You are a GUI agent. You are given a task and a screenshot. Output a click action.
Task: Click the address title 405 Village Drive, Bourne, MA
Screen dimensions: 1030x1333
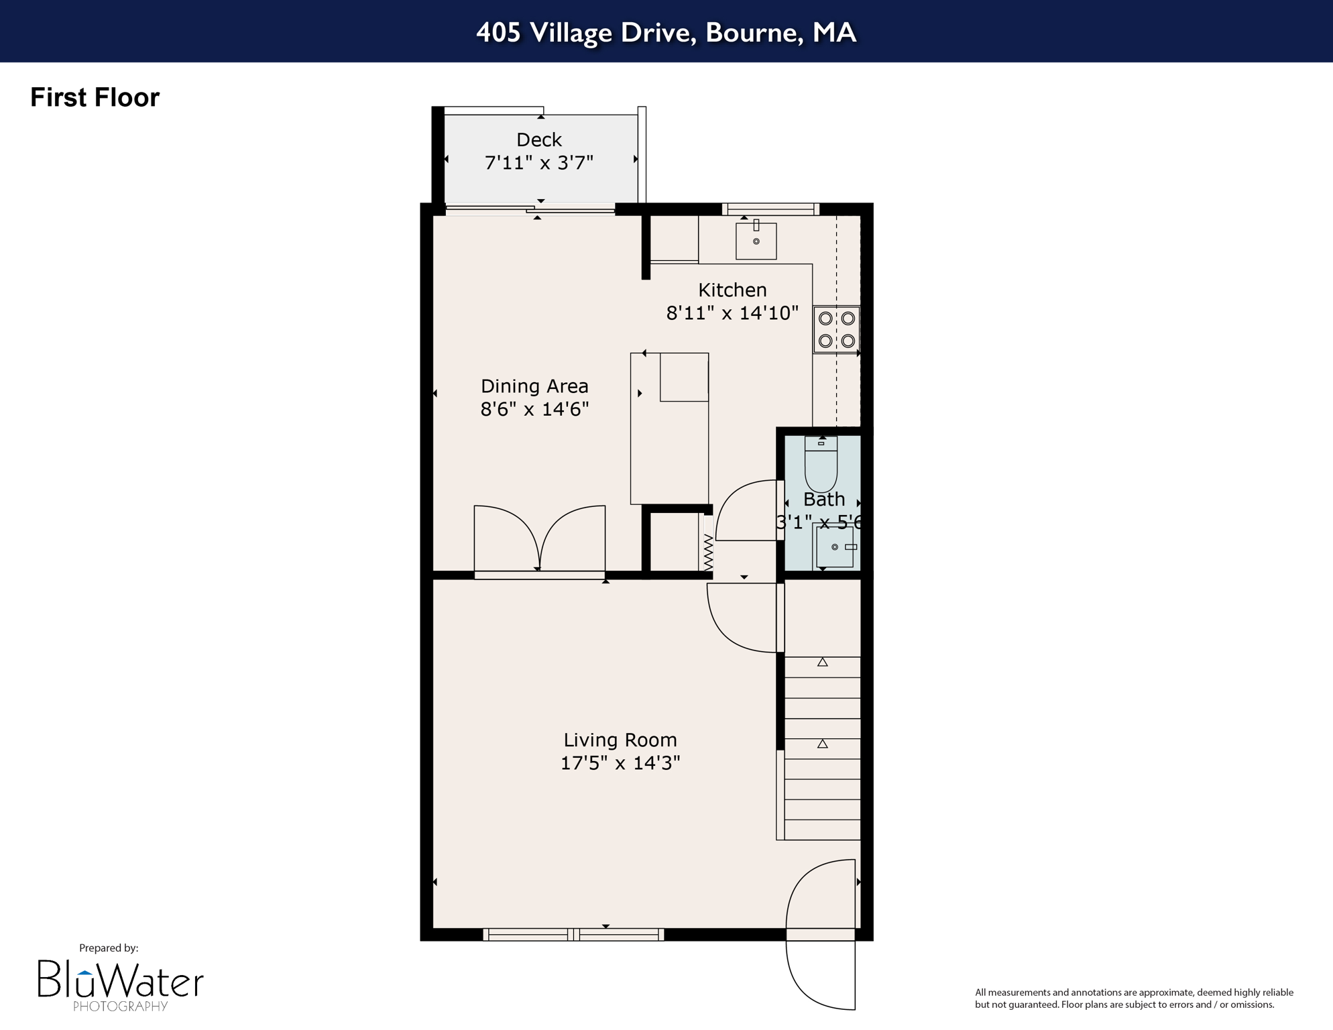(x=666, y=32)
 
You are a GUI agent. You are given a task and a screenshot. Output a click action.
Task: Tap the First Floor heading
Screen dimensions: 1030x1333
(x=95, y=97)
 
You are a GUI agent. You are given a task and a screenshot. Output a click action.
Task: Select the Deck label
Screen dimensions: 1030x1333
(x=538, y=139)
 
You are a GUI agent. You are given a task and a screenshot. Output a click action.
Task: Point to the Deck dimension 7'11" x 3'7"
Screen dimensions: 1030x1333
(x=538, y=163)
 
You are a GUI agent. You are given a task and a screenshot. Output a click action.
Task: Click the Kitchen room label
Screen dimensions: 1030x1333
(x=732, y=290)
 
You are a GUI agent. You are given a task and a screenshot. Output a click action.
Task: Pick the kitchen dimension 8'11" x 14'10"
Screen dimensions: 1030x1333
(x=732, y=313)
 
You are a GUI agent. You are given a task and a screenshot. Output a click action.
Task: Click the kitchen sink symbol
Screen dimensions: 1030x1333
(x=756, y=240)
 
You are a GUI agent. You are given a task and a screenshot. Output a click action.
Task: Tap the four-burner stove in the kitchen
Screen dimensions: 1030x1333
(x=836, y=329)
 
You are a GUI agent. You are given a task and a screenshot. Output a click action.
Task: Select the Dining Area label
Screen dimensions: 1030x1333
(x=534, y=386)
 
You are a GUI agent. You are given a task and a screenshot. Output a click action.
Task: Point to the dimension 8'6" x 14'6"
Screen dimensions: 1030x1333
(x=534, y=409)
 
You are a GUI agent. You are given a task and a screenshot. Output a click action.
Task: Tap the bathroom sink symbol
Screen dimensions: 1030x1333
(x=835, y=547)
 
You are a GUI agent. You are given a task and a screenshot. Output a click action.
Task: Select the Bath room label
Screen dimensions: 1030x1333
(x=823, y=500)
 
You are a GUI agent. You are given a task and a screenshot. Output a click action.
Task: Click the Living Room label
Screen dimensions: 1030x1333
(x=620, y=740)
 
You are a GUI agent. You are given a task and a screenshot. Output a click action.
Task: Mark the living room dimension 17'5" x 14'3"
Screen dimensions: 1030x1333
(x=620, y=763)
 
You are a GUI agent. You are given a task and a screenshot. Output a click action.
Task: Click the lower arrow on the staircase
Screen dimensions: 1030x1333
(x=822, y=744)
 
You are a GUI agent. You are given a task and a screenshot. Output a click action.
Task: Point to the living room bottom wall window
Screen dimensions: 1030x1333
(x=573, y=934)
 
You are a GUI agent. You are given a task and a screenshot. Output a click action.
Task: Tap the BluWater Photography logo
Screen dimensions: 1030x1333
(x=120, y=983)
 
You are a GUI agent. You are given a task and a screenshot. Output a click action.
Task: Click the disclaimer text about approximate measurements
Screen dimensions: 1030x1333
(x=1133, y=998)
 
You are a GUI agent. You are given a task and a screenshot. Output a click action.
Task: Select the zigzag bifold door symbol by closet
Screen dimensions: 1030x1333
(x=708, y=551)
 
